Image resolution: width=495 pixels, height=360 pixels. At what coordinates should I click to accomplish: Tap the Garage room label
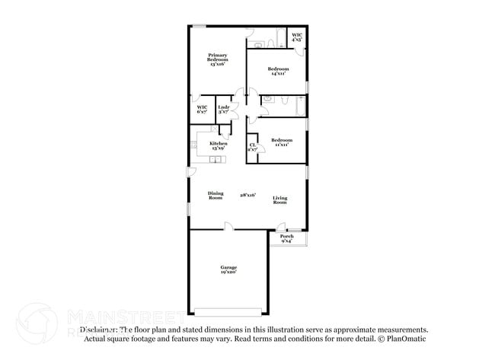tap(228, 269)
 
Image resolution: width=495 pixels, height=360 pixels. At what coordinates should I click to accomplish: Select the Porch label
tap(286, 238)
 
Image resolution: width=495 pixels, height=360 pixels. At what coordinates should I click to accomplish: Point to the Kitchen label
tap(219, 145)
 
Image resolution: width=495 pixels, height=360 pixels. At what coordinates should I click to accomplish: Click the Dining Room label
tap(216, 196)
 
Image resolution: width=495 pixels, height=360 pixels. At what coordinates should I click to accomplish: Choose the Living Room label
tap(279, 200)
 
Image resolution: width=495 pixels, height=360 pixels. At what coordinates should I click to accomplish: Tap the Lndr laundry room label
tap(223, 110)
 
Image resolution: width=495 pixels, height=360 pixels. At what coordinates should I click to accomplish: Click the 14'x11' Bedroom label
tap(278, 72)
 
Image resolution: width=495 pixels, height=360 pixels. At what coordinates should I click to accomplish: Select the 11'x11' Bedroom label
tap(282, 142)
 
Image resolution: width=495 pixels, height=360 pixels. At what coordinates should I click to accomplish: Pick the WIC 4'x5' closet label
tap(297, 37)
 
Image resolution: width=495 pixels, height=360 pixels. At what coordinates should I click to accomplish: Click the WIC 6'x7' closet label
tap(202, 110)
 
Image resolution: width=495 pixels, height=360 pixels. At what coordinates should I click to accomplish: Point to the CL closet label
tap(252, 147)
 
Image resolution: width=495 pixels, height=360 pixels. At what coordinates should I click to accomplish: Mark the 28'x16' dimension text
tap(247, 195)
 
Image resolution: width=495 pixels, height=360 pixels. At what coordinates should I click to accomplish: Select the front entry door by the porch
tap(282, 227)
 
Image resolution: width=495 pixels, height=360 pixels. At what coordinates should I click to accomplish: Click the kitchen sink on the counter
tap(216, 160)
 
